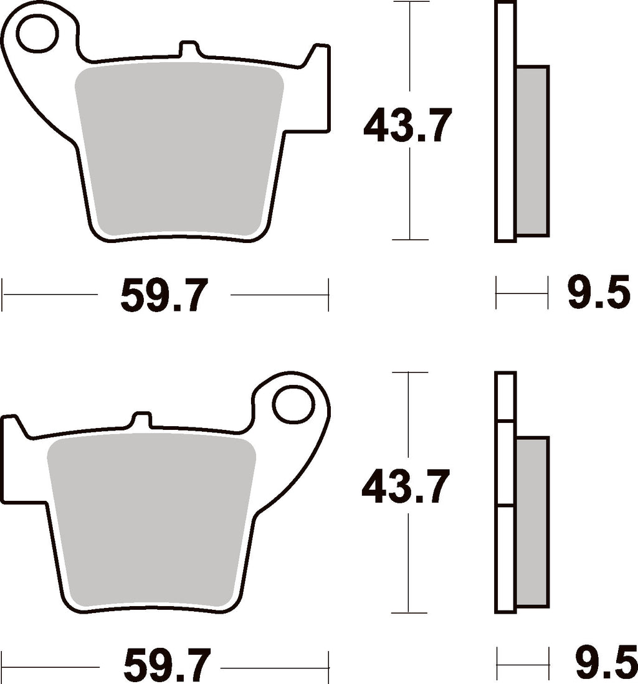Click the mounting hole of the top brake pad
(x=37, y=34)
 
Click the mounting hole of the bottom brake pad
(x=294, y=404)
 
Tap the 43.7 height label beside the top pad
(x=407, y=126)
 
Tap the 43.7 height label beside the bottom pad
(x=406, y=486)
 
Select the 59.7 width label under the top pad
(x=164, y=295)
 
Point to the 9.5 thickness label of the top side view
(x=599, y=292)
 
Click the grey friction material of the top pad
(x=179, y=148)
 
